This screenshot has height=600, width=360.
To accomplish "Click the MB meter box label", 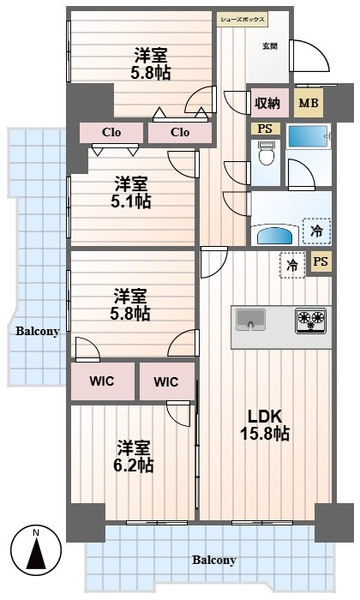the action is (x=309, y=103).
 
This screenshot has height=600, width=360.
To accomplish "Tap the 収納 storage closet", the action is (x=270, y=103).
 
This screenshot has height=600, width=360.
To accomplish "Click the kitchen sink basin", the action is (x=250, y=320).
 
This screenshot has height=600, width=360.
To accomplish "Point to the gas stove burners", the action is (x=310, y=321).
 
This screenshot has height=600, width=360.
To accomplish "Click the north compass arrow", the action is (x=36, y=553).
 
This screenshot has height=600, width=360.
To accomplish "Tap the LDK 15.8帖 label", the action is (x=265, y=425).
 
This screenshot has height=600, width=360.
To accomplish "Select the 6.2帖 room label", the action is (x=133, y=457).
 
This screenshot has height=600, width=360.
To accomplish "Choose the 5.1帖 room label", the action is (x=131, y=193).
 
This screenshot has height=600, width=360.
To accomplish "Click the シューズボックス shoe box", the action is (x=242, y=20).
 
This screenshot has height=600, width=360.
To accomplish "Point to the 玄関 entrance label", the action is (x=270, y=46).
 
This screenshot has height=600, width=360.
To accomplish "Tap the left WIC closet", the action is (x=103, y=381).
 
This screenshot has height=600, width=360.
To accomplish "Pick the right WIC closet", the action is (x=167, y=381).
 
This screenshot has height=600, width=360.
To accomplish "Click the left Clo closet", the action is (x=111, y=132).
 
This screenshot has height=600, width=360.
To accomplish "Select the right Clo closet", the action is (x=180, y=132).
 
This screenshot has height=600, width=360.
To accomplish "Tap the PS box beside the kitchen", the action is (x=321, y=261).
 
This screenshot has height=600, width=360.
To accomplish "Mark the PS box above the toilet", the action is (x=265, y=129).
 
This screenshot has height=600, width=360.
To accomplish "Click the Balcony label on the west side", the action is (x=38, y=331).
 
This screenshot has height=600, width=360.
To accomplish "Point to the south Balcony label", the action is (x=214, y=561).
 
